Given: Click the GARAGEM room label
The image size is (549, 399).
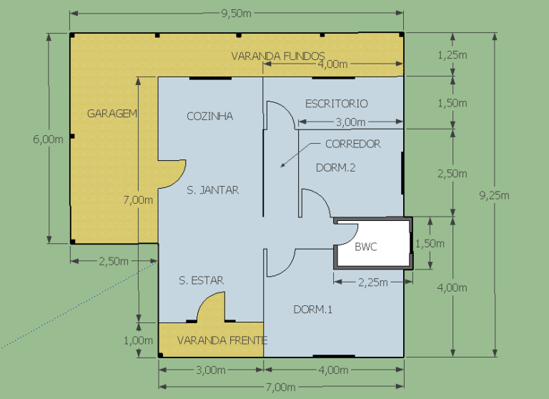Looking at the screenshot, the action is click(112, 114).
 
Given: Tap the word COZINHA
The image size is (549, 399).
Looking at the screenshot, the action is click(209, 117).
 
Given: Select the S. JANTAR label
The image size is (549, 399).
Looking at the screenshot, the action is click(212, 190).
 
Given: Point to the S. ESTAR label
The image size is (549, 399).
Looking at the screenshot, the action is click(201, 280).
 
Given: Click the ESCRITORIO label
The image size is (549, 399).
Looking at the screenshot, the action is click(337, 104).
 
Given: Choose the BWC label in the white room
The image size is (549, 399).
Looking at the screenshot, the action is click(366, 247).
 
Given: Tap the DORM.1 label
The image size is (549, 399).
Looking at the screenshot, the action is click(312, 310).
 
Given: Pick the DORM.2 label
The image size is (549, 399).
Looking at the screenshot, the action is click(335, 168).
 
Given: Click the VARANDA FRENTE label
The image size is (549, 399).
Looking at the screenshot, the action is click(222, 340).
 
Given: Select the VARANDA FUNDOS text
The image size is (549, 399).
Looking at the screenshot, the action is click(278, 56).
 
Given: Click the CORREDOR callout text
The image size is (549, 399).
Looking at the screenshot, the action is click(353, 144).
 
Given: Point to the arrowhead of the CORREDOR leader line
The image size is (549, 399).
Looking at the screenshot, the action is click(281, 167).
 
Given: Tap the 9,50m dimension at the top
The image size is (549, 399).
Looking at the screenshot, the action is click(237, 14).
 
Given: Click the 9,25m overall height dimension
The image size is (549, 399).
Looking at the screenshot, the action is click(495, 195).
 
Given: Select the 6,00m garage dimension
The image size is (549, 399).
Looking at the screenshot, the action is click(49, 139).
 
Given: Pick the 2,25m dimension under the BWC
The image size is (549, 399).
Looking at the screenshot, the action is click(373, 282).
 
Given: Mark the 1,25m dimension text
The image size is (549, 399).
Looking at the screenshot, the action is click(452, 55).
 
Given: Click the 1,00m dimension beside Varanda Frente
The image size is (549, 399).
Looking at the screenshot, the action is click(138, 340).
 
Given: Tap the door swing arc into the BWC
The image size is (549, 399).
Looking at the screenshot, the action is click(353, 238).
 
